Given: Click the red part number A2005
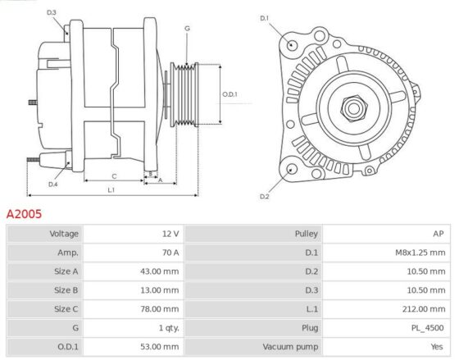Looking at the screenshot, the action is [24, 214].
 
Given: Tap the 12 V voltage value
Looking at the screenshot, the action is [170, 234].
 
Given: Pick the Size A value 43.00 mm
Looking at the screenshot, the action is [160, 271].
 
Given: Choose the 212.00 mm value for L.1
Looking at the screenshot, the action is [424, 309].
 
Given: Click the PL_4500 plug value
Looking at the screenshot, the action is [427, 328].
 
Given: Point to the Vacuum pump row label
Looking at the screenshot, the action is [290, 347].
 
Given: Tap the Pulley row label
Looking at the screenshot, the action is [307, 234].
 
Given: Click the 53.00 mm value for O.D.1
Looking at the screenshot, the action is [160, 347].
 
